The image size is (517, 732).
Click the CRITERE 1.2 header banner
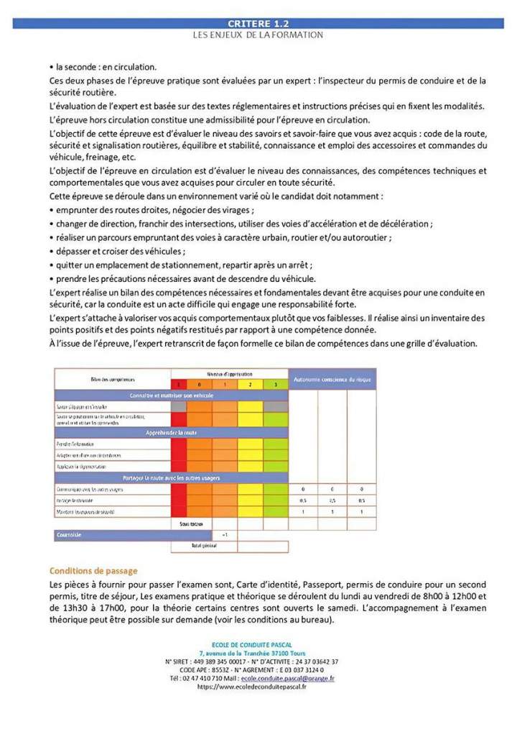(258, 23)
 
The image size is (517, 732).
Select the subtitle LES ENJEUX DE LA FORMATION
(258, 35)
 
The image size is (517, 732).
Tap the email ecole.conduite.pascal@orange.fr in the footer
(287, 677)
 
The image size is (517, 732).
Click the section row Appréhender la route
(170, 433)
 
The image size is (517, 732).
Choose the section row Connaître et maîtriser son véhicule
(170, 395)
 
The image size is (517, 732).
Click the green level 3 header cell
(275, 385)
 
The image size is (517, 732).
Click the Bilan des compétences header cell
(111, 378)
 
